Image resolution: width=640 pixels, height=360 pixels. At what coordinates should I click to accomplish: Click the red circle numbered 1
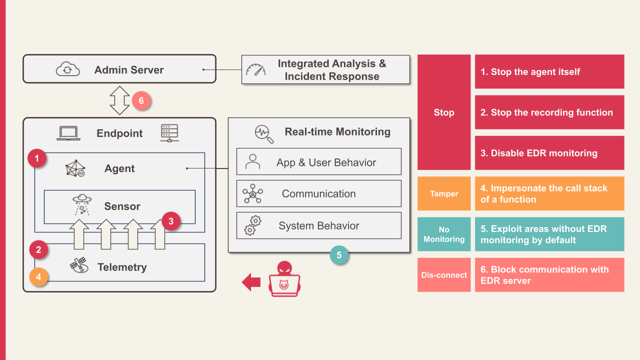click(x=37, y=159)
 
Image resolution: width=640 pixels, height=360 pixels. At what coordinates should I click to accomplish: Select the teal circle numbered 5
click(x=339, y=255)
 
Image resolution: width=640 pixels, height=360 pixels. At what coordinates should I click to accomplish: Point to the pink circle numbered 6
click(x=141, y=101)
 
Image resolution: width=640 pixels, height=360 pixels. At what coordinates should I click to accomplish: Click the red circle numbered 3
click(x=170, y=220)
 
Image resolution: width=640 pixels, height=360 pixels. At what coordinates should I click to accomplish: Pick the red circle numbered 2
click(x=38, y=249)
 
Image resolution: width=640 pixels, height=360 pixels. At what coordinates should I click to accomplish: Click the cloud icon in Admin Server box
click(x=67, y=69)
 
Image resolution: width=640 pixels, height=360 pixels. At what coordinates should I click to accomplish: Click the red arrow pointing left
click(x=251, y=282)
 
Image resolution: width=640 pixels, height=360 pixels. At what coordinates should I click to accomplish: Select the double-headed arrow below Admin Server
click(x=119, y=100)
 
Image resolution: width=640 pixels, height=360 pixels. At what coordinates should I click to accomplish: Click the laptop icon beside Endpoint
click(x=69, y=133)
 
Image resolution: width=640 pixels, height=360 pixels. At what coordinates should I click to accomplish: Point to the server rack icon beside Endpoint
click(x=169, y=132)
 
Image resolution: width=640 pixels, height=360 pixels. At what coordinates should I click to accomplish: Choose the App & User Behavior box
click(x=318, y=161)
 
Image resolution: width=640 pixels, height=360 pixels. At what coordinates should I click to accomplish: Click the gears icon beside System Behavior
click(x=253, y=225)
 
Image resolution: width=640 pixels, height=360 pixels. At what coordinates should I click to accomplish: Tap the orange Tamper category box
click(x=444, y=193)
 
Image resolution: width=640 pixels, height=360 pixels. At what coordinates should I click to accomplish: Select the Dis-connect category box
click(x=444, y=275)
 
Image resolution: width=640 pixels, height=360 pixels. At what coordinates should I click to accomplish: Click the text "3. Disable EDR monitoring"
click(x=539, y=153)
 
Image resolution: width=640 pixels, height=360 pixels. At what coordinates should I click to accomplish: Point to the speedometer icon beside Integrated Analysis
click(x=256, y=70)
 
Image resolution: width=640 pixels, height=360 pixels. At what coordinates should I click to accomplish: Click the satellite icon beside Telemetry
click(x=78, y=265)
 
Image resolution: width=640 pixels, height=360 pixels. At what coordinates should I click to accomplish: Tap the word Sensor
click(x=122, y=206)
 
